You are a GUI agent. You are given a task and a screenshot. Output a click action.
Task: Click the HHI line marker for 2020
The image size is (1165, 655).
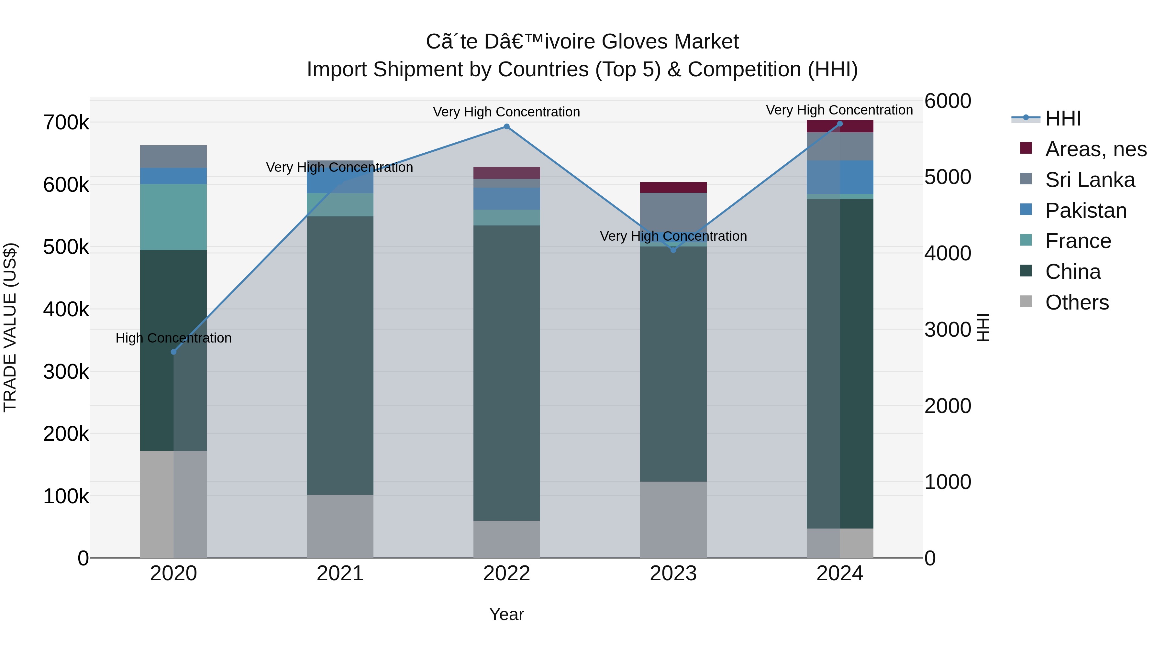click(x=174, y=352)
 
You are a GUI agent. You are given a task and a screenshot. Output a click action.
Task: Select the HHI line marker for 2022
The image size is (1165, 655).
click(x=506, y=126)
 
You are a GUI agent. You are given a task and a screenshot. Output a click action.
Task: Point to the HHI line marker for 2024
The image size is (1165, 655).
click(x=840, y=124)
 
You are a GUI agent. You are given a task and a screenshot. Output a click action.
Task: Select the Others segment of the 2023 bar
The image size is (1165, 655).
click(x=673, y=519)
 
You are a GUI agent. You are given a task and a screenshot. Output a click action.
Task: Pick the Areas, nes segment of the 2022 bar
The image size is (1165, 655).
click(x=506, y=173)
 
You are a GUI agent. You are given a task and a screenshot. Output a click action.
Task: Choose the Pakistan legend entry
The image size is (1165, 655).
click(x=1085, y=211)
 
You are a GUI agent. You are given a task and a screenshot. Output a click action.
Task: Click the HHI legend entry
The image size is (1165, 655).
click(x=1063, y=118)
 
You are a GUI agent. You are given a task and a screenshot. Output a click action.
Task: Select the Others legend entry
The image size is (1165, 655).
click(x=1076, y=302)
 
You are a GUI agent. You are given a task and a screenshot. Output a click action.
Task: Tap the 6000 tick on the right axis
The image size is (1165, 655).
click(x=948, y=101)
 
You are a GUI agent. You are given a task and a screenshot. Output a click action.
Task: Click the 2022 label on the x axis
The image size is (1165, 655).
click(x=506, y=573)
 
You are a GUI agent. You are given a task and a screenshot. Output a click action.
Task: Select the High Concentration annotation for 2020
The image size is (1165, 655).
click(x=174, y=338)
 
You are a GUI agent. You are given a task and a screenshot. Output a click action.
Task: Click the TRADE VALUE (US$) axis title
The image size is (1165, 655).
click(x=10, y=327)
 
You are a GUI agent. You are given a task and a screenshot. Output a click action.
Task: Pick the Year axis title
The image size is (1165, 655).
click(x=506, y=614)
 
